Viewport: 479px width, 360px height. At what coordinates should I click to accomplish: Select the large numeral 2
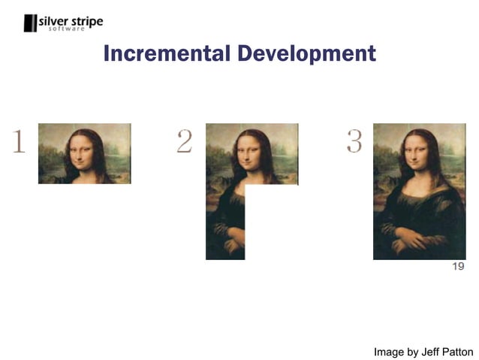tap(184, 141)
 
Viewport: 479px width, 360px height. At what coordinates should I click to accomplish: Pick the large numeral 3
tap(354, 141)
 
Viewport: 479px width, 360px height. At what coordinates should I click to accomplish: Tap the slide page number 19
tap(458, 267)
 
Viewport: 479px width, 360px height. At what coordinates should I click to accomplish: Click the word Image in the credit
tap(390, 351)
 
